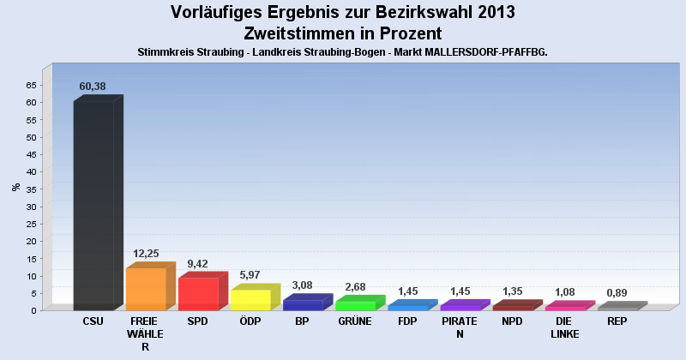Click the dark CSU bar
click(x=93, y=206)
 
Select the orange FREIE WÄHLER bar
click(x=146, y=289)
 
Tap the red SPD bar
click(x=198, y=294)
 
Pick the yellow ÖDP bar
click(x=250, y=300)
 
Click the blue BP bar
click(x=303, y=304)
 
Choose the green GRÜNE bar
click(x=355, y=305)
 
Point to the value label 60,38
click(x=93, y=87)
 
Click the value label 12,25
click(x=145, y=254)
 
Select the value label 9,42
click(x=198, y=263)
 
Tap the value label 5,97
click(x=250, y=275)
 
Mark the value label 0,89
click(x=617, y=293)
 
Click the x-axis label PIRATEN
click(x=460, y=327)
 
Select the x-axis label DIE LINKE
click(x=564, y=327)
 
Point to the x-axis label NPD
click(x=512, y=321)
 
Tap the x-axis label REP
click(x=617, y=321)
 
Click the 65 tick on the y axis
click(x=31, y=85)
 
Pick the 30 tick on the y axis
click(x=31, y=207)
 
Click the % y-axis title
click(x=15, y=187)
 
